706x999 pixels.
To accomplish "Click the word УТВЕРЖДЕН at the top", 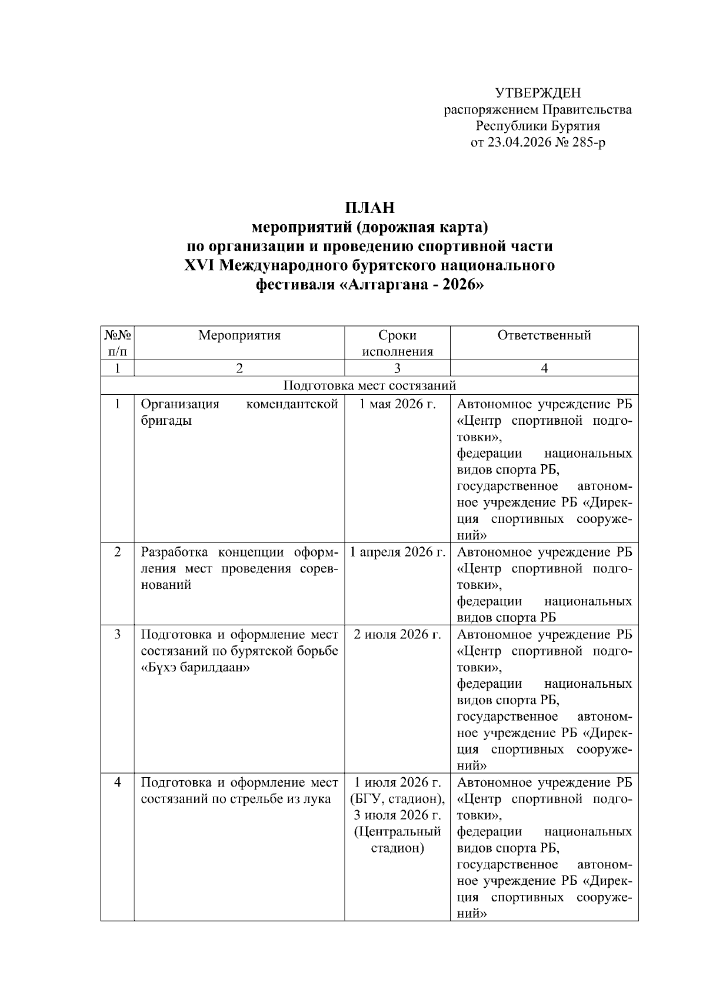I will pos(537,93).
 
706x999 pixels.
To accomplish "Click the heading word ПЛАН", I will pos(369,208).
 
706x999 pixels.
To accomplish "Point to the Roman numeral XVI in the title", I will pos(199,265).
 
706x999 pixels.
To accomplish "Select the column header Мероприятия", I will pos(239,335).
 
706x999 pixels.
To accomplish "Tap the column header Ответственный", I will pos(544,335).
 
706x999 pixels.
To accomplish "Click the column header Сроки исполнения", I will pos(397,343).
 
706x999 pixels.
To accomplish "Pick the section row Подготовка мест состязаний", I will pos(369,385).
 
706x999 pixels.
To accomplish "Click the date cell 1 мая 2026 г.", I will pos(397,404).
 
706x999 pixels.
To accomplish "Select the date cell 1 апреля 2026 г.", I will pos(397,552).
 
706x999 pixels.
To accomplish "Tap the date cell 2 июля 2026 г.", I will pos(397,635).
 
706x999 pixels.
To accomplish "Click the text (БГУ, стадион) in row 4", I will pos(397,799).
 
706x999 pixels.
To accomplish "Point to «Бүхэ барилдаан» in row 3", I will pos(196,668).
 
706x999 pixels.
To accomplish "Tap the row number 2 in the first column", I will pos(117,552).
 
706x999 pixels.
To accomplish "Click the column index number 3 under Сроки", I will pos(397,368).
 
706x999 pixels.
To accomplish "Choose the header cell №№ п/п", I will pos(117,343).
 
